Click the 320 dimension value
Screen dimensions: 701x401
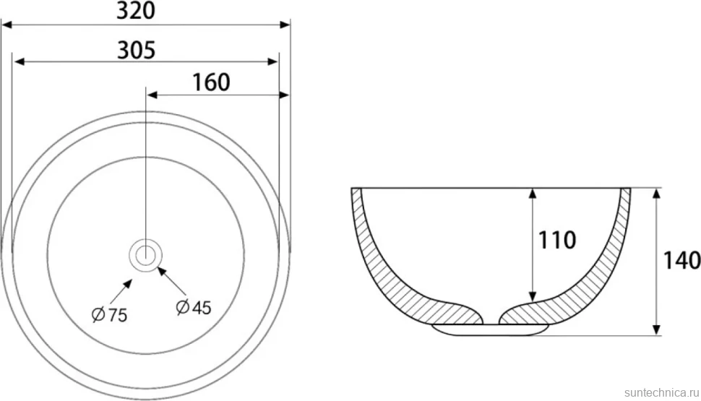tap(136, 10)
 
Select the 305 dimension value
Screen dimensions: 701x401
tap(137, 50)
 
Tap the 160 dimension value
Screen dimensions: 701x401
tap(211, 82)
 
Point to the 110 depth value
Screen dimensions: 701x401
tap(556, 241)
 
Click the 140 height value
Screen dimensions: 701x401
tap(681, 261)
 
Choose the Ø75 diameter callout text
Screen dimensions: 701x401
tap(110, 315)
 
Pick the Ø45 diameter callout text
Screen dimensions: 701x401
tap(193, 308)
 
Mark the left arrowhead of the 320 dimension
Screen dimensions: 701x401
tap(7, 24)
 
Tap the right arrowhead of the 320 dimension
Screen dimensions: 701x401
tap(285, 24)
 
